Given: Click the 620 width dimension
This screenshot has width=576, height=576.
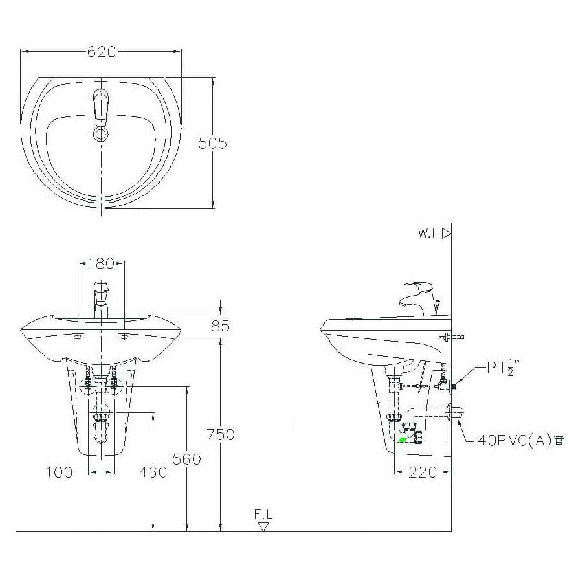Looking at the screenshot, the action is [102, 52].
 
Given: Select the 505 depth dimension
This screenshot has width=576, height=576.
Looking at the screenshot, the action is [213, 143].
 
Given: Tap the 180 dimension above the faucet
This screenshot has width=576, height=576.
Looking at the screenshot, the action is [101, 263].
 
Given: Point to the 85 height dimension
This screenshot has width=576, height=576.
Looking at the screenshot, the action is [221, 326].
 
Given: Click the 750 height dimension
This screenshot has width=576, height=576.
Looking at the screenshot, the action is [221, 434].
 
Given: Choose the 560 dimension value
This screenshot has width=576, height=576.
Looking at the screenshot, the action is [186, 459].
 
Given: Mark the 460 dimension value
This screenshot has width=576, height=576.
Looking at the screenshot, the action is [153, 472].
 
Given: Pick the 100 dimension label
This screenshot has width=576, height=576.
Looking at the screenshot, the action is [59, 472].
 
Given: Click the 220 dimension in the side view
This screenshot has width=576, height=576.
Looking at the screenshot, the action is [423, 472].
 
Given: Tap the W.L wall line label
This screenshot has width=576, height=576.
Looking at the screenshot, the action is [428, 233].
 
